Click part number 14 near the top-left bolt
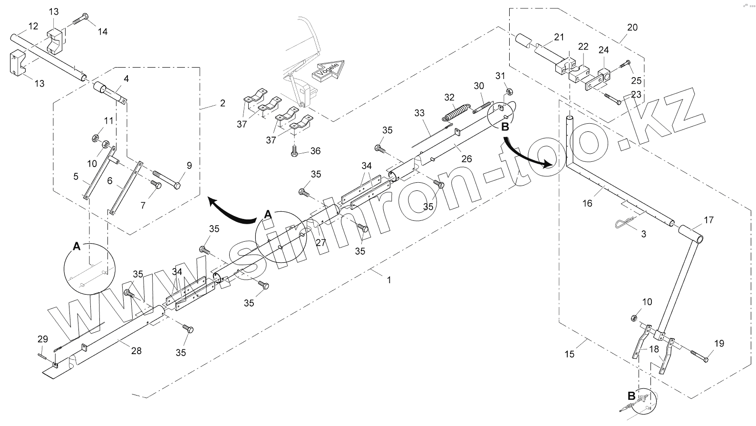click(103, 32)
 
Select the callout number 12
click(33, 27)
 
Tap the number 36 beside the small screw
click(315, 151)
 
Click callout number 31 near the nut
click(501, 76)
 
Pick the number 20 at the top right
click(632, 28)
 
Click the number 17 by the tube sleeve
click(708, 220)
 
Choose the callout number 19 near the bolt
click(719, 343)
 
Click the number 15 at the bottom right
click(569, 354)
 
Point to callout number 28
click(136, 351)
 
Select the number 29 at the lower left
click(43, 339)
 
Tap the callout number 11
click(109, 121)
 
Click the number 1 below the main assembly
click(389, 280)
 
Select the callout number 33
click(419, 113)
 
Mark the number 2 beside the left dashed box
click(223, 103)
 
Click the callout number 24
click(603, 50)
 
